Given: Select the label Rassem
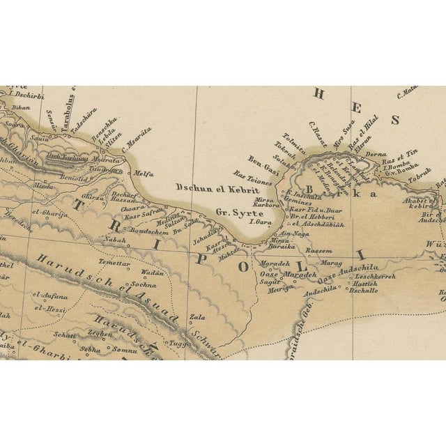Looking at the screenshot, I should [x=318, y=249].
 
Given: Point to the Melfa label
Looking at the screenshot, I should [x=144, y=174].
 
